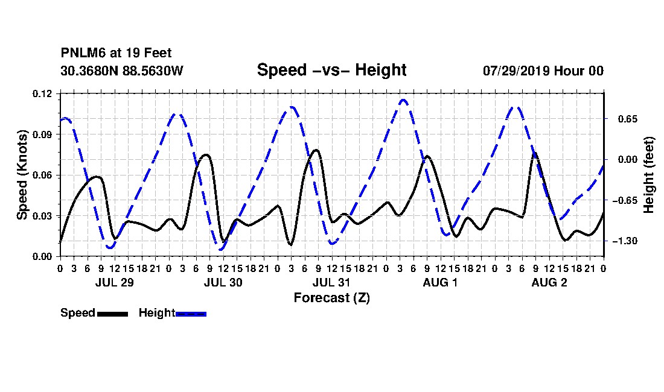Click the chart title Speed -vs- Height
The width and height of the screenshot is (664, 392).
tap(331, 70)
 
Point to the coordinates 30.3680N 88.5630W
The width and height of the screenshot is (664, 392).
tap(122, 71)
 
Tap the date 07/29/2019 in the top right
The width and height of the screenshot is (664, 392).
tap(516, 71)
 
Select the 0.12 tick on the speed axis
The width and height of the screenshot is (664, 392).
tap(42, 93)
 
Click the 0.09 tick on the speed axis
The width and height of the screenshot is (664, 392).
tap(42, 134)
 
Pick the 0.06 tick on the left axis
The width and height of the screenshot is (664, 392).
tap(42, 175)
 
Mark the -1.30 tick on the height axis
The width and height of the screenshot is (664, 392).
tap(624, 241)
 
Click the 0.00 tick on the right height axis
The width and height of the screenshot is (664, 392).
tap(628, 159)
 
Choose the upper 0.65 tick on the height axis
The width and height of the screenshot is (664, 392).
tap(628, 119)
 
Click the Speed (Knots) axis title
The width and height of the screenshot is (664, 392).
tap(22, 175)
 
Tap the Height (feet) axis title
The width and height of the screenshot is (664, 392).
tap(648, 175)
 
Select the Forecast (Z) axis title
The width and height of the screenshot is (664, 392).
tap(331, 298)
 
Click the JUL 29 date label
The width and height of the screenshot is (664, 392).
tap(114, 282)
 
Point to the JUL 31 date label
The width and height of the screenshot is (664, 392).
tap(331, 282)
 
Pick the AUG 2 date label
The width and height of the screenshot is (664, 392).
tap(549, 282)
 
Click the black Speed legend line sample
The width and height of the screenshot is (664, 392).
tap(113, 314)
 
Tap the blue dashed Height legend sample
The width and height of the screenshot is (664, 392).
tap(191, 314)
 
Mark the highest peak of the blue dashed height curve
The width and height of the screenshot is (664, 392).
tap(403, 100)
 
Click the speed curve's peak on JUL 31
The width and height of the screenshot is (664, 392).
tap(316, 150)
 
